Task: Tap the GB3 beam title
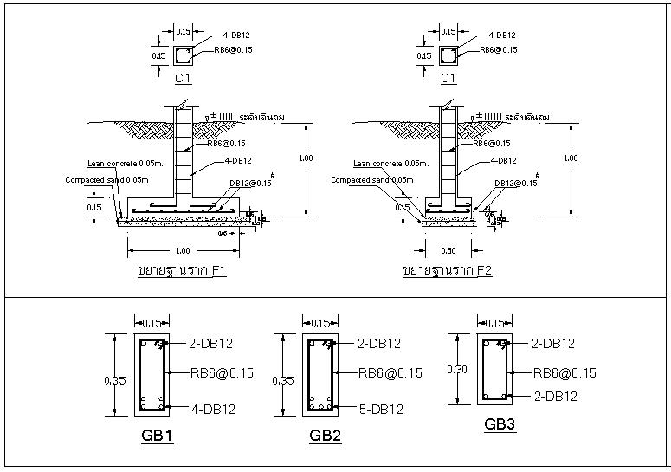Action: [x=500, y=424]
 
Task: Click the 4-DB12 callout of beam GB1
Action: [x=212, y=409]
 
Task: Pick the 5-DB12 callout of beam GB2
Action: [x=381, y=409]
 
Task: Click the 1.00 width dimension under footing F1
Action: [x=183, y=250]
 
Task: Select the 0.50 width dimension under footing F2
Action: [x=448, y=250]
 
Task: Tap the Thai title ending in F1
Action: [x=182, y=271]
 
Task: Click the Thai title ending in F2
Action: [x=448, y=271]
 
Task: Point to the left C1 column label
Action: [x=183, y=79]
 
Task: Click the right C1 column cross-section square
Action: [x=448, y=56]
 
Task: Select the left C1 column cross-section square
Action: [x=183, y=56]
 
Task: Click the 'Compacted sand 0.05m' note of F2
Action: [x=371, y=180]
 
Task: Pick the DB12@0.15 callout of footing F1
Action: [x=251, y=183]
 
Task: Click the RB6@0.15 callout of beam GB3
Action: [x=564, y=373]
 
